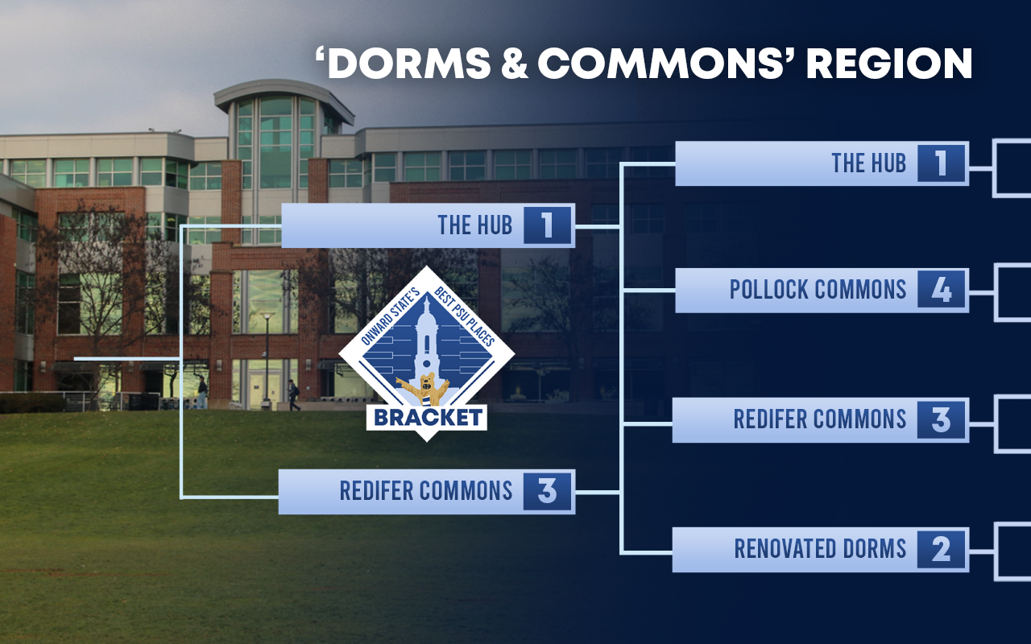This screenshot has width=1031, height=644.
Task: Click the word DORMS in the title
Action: (408, 63)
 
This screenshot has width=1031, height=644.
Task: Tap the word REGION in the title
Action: (889, 63)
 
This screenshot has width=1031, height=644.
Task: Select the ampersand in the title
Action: (514, 63)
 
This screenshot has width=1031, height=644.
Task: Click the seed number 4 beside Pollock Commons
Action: (941, 290)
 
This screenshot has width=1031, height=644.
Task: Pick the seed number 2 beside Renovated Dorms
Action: (941, 549)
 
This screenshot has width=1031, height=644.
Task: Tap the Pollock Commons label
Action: (818, 290)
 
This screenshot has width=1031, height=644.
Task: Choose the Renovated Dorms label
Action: (820, 549)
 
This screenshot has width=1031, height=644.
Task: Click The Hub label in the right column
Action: (868, 163)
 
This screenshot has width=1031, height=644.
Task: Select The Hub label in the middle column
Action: (474, 225)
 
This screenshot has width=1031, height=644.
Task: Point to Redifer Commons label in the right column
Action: (819, 419)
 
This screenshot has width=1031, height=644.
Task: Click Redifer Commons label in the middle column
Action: (426, 491)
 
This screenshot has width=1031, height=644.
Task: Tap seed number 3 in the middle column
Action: (547, 491)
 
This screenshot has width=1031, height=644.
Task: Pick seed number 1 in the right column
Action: (941, 163)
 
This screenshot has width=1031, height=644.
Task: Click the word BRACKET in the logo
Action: (428, 418)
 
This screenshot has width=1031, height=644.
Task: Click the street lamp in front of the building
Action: (267, 360)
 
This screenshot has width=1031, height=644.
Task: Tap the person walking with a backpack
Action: (293, 395)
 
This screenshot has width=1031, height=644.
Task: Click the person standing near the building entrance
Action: (202, 392)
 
